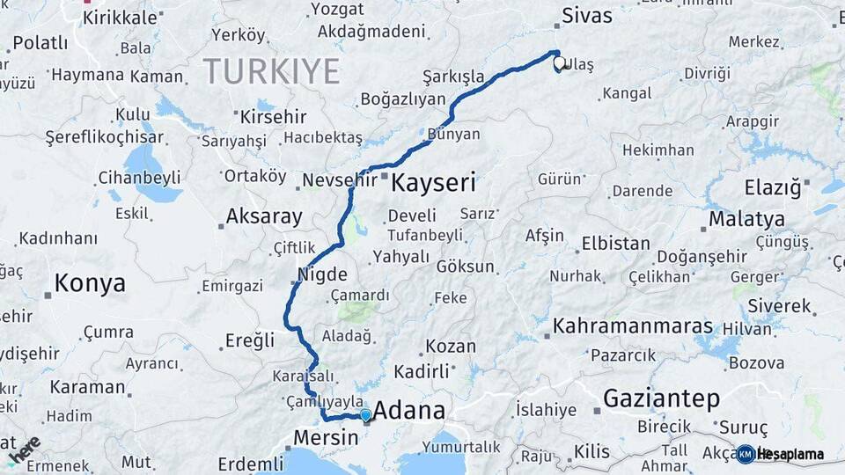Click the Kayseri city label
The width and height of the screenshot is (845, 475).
pyautogui.click(x=433, y=183)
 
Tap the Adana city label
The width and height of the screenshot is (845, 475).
pyautogui.click(x=409, y=411)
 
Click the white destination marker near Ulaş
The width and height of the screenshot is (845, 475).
pyautogui.click(x=558, y=63)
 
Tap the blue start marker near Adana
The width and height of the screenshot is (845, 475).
pyautogui.click(x=365, y=415)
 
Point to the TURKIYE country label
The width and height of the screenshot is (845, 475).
pyautogui.click(x=271, y=70)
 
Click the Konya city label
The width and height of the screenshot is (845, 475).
pyautogui.click(x=90, y=283)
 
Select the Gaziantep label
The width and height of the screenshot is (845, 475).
pyautogui.click(x=661, y=398)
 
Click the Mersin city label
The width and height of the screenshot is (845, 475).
pyautogui.click(x=325, y=437)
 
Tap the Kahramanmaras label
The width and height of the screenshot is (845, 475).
pyautogui.click(x=632, y=326)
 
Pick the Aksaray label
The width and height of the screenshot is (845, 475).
pyautogui.click(x=264, y=216)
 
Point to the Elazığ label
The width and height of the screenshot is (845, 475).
pyautogui.click(x=773, y=187)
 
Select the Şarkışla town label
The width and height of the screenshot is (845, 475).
pyautogui.click(x=453, y=77)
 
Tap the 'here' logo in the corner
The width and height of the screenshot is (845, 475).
pyautogui.click(x=24, y=449)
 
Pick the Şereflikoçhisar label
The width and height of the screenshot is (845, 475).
pyautogui.click(x=104, y=137)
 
